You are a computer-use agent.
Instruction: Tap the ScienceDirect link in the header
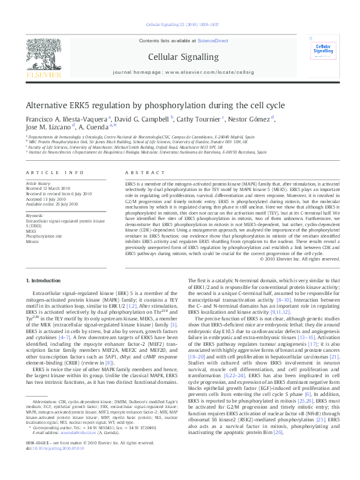[x=214, y=40]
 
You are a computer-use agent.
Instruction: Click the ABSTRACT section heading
[x=139, y=172]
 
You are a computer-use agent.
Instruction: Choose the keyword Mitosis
[x=32, y=241]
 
